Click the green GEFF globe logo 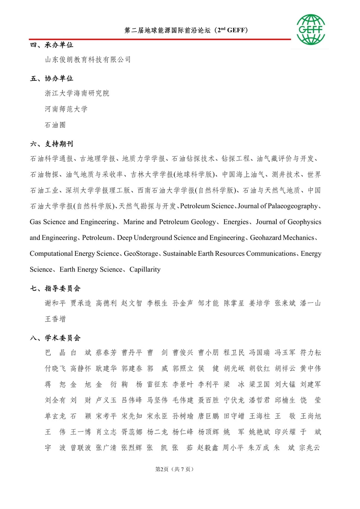pyautogui.click(x=311, y=30)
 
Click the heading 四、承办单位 pyautogui.click(x=51, y=45)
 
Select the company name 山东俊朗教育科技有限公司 pyautogui.click(x=88, y=60)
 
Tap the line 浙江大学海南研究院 pyautogui.click(x=77, y=93)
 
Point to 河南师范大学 pyautogui.click(x=66, y=109)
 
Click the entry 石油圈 pyautogui.click(x=55, y=125)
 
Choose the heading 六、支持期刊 pyautogui.click(x=51, y=144)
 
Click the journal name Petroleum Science pyautogui.click(x=207, y=206)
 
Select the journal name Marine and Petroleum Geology pyautogui.click(x=170, y=222)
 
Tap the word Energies pyautogui.click(x=236, y=222)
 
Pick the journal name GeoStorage pyautogui.click(x=141, y=253)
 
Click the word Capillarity pyautogui.click(x=145, y=269)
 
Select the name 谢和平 pyautogui.click(x=55, y=303)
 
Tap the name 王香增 pyautogui.click(x=55, y=319)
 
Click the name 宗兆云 pyautogui.click(x=310, y=448)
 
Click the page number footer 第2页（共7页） pyautogui.click(x=174, y=469)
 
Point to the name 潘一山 pyautogui.click(x=310, y=303)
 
